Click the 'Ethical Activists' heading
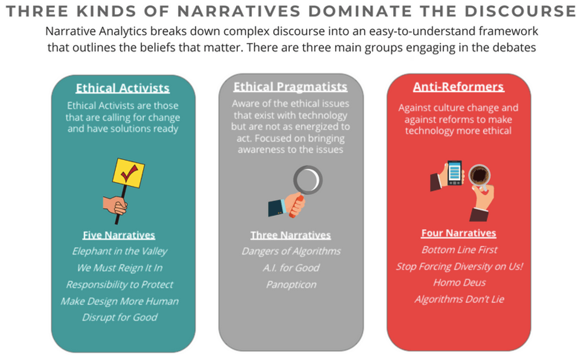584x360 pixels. pos(122,88)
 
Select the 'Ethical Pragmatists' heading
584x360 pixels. pos(291,87)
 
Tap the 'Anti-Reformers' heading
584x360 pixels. pos(459,87)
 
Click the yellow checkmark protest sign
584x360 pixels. pos(128,173)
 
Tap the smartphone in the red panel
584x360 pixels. pos(455,173)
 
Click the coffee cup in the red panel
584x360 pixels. pos(479,175)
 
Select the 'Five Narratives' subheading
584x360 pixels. pos(119,235)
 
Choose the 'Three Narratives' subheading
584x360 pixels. pos(291,235)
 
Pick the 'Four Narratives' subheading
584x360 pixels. pos(459,233)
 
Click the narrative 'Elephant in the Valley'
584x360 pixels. pos(120,251)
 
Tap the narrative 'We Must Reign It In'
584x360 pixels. pos(120,268)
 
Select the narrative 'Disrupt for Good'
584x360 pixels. pos(120,317)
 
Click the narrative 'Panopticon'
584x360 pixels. pos(291,285)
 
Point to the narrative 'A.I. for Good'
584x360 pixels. pos(291,268)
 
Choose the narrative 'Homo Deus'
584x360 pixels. pos(459,283)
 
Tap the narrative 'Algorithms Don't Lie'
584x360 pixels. pos(459,299)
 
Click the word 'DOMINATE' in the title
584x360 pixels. pos(360,11)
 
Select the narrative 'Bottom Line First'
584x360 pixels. pos(459,250)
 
